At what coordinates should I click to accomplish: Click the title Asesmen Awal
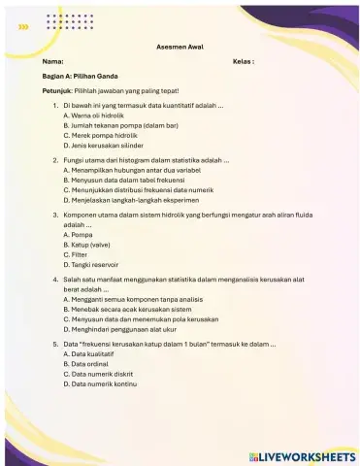click(x=180, y=47)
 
